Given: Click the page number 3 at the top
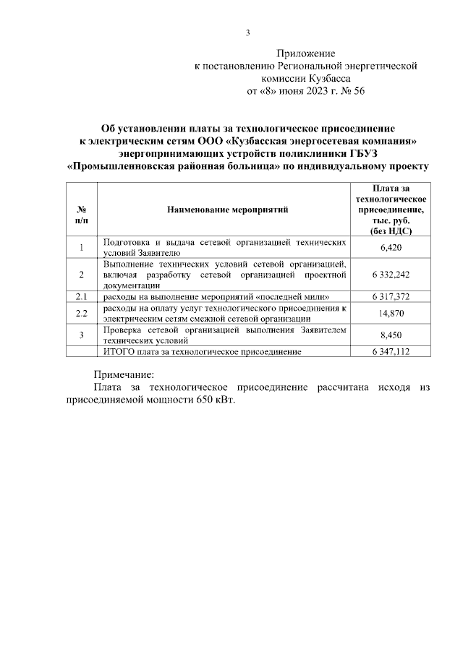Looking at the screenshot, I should tap(247, 32).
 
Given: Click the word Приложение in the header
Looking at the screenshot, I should tap(307, 53).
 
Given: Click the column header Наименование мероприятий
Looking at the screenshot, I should tap(227, 210).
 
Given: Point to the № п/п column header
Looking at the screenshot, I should tap(82, 210).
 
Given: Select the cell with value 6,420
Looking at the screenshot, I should tap(391, 248).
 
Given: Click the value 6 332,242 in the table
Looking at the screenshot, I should tap(391, 275).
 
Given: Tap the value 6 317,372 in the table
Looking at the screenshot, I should tap(391, 297).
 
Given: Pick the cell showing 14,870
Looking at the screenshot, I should tap(391, 313).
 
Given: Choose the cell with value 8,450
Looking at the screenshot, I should tap(391, 335).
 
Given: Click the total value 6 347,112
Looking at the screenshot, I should tap(391, 352).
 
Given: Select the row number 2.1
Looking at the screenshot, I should tap(82, 297).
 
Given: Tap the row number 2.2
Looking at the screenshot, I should tap(82, 313).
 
